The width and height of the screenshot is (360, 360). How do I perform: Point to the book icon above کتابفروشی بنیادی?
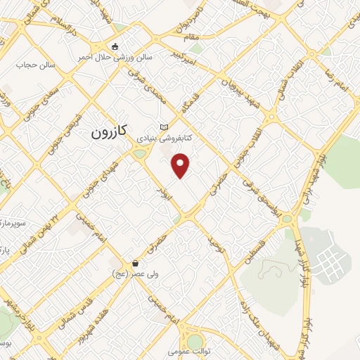pyautogui.click(x=165, y=127)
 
